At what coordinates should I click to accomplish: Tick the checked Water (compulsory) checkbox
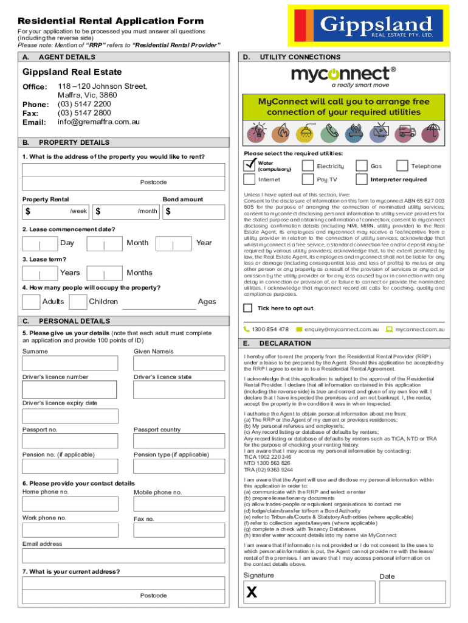[249, 165]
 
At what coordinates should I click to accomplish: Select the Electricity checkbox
[308, 165]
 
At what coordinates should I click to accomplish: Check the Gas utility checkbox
[362, 165]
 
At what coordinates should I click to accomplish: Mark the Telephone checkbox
[402, 165]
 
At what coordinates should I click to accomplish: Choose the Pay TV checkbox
[308, 179]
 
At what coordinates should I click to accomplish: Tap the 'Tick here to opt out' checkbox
[248, 308]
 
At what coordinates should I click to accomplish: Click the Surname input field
[70, 363]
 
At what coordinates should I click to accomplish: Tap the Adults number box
[31, 302]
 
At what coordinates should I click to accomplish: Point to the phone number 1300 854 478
[270, 329]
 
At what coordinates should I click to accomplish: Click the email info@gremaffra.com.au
[98, 122]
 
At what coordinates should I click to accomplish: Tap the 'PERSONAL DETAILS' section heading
[74, 321]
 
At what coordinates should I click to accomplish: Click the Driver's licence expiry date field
[70, 416]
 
